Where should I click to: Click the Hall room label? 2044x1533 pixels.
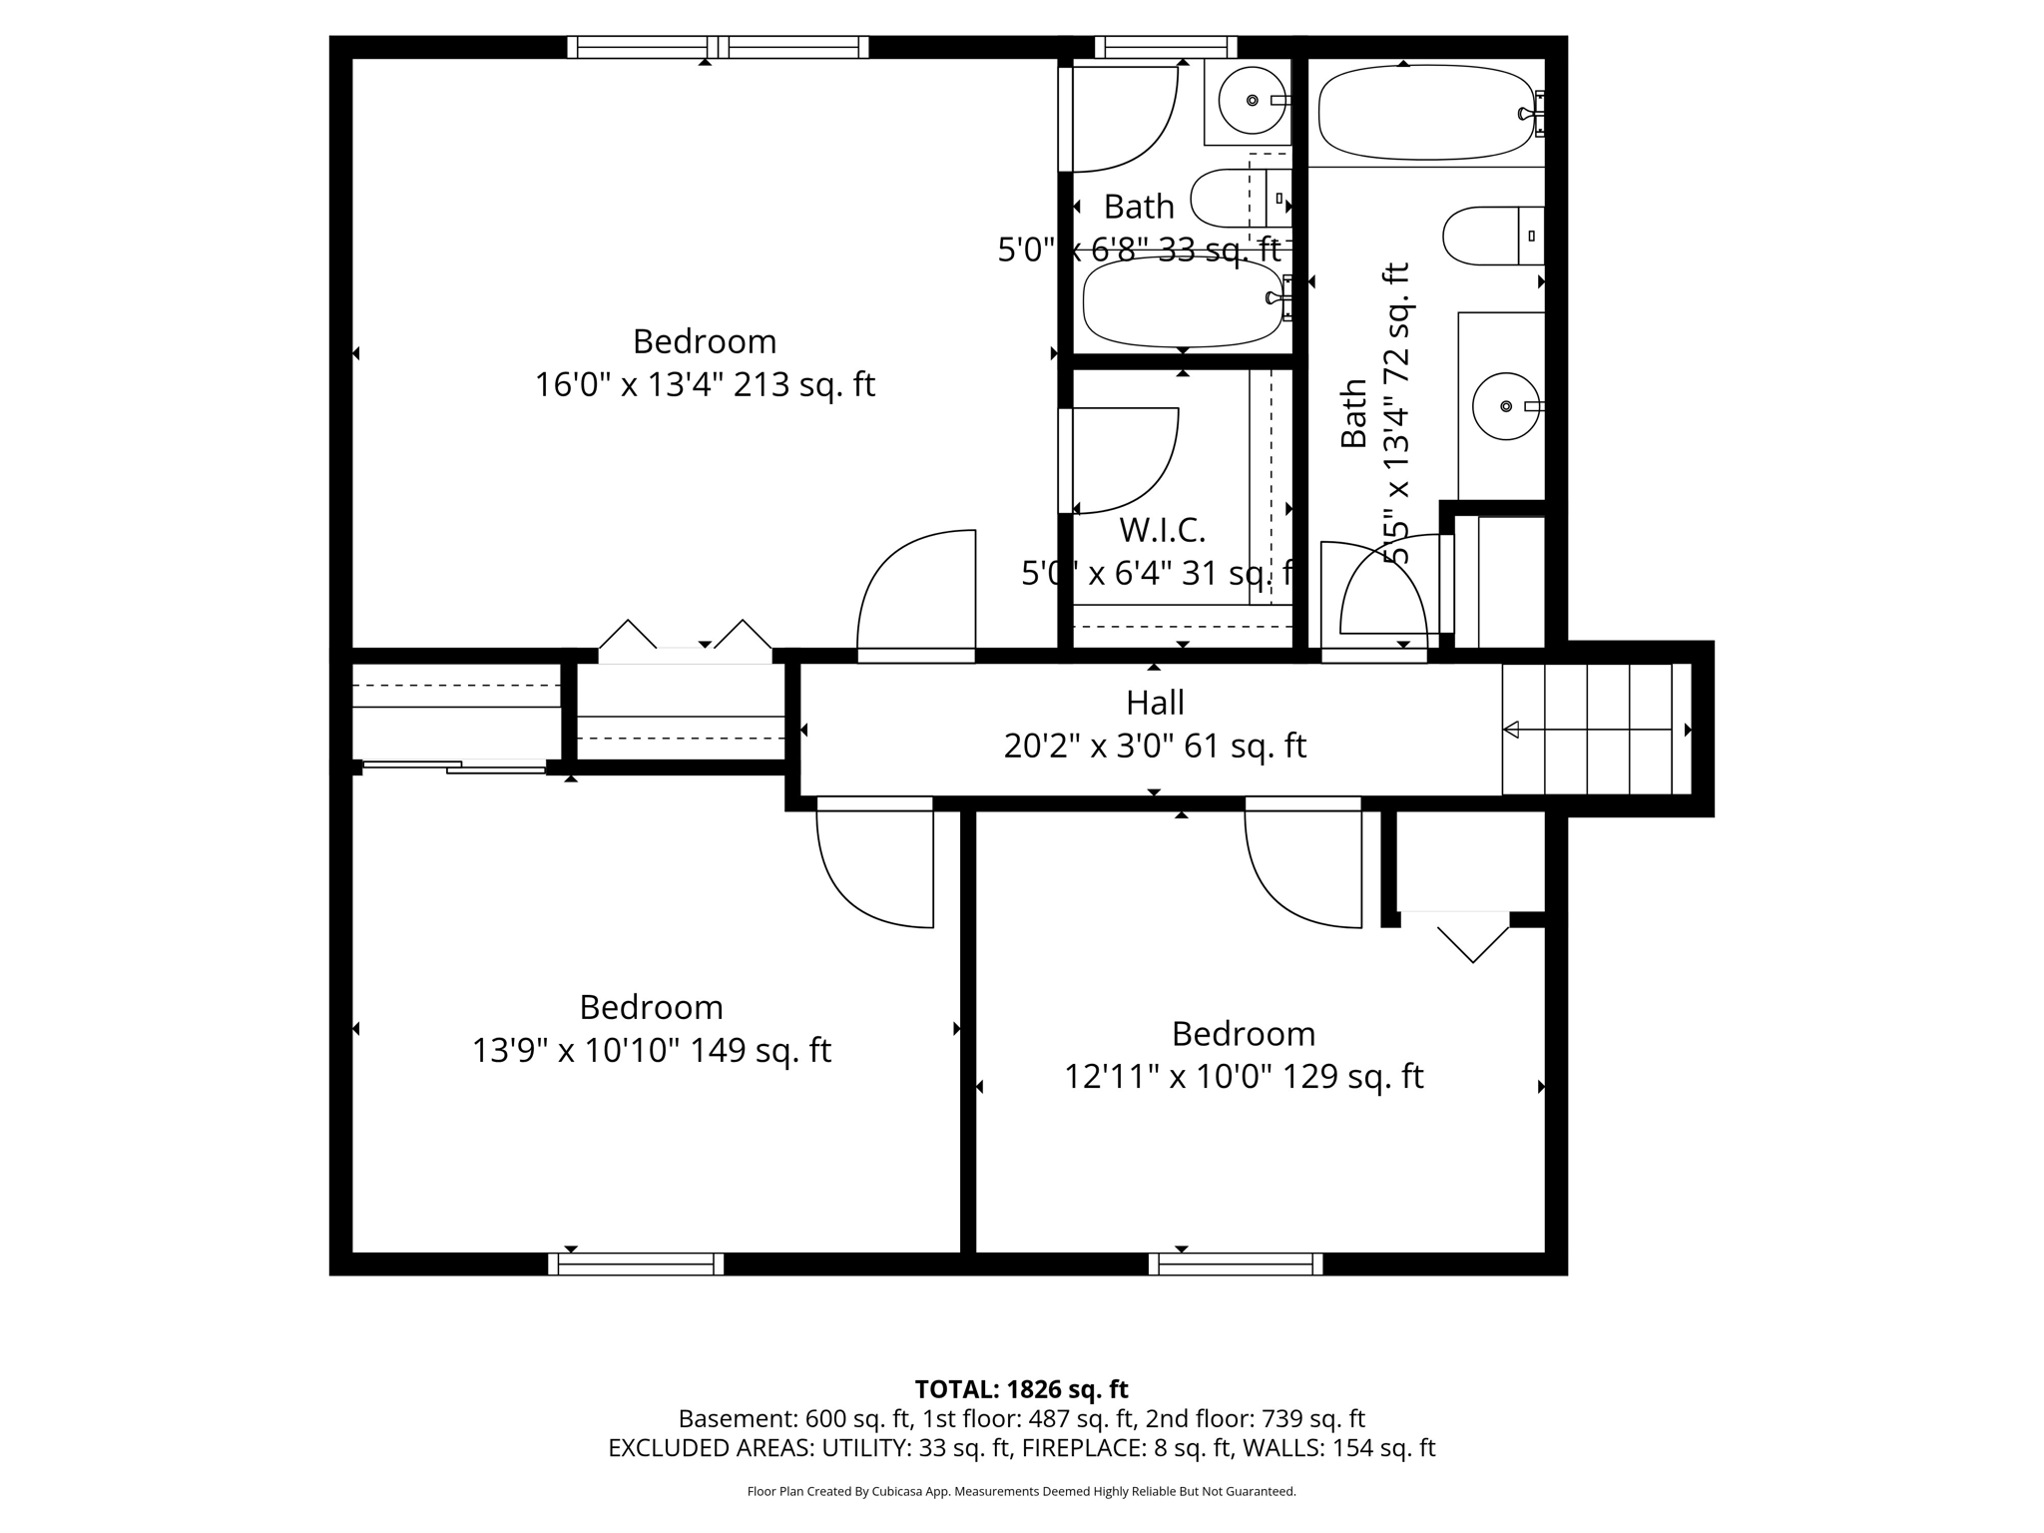pyautogui.click(x=1155, y=703)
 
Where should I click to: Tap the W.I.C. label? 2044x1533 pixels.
pyautogui.click(x=1162, y=530)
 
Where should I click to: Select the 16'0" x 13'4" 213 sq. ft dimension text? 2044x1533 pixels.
pyautogui.click(x=705, y=384)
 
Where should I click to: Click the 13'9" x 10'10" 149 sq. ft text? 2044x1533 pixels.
pyautogui.click(x=651, y=1050)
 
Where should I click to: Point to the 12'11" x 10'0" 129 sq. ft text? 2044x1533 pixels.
pyautogui.click(x=1244, y=1076)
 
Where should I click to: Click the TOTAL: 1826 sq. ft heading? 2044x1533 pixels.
pyautogui.click(x=1021, y=1388)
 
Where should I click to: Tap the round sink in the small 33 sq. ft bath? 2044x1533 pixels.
pyautogui.click(x=1253, y=100)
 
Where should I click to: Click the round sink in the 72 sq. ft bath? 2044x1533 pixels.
pyautogui.click(x=1506, y=406)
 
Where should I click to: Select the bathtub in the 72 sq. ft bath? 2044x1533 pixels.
pyautogui.click(x=1425, y=113)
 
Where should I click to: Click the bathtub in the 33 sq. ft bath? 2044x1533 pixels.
pyautogui.click(x=1183, y=302)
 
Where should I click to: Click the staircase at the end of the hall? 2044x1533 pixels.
pyautogui.click(x=1595, y=730)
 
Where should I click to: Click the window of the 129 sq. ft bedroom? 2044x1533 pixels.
pyautogui.click(x=1236, y=1264)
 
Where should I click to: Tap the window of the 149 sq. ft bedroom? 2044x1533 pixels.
pyautogui.click(x=636, y=1264)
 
